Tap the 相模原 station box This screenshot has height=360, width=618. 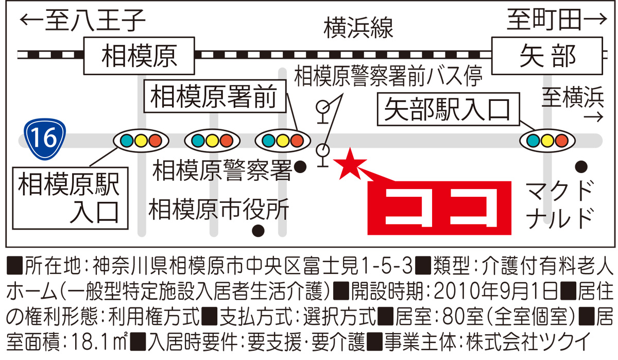(x=139, y=56)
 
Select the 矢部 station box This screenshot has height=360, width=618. (x=547, y=56)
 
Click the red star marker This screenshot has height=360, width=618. (x=350, y=164)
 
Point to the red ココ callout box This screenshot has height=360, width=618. (x=440, y=207)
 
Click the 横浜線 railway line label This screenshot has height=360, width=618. (x=358, y=28)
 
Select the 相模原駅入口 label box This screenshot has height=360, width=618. (x=68, y=198)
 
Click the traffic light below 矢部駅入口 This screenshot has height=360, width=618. (x=547, y=140)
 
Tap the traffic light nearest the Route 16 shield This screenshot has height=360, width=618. (x=141, y=140)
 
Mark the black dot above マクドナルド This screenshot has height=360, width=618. (x=581, y=166)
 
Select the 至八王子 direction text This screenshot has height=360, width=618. (x=83, y=22)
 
